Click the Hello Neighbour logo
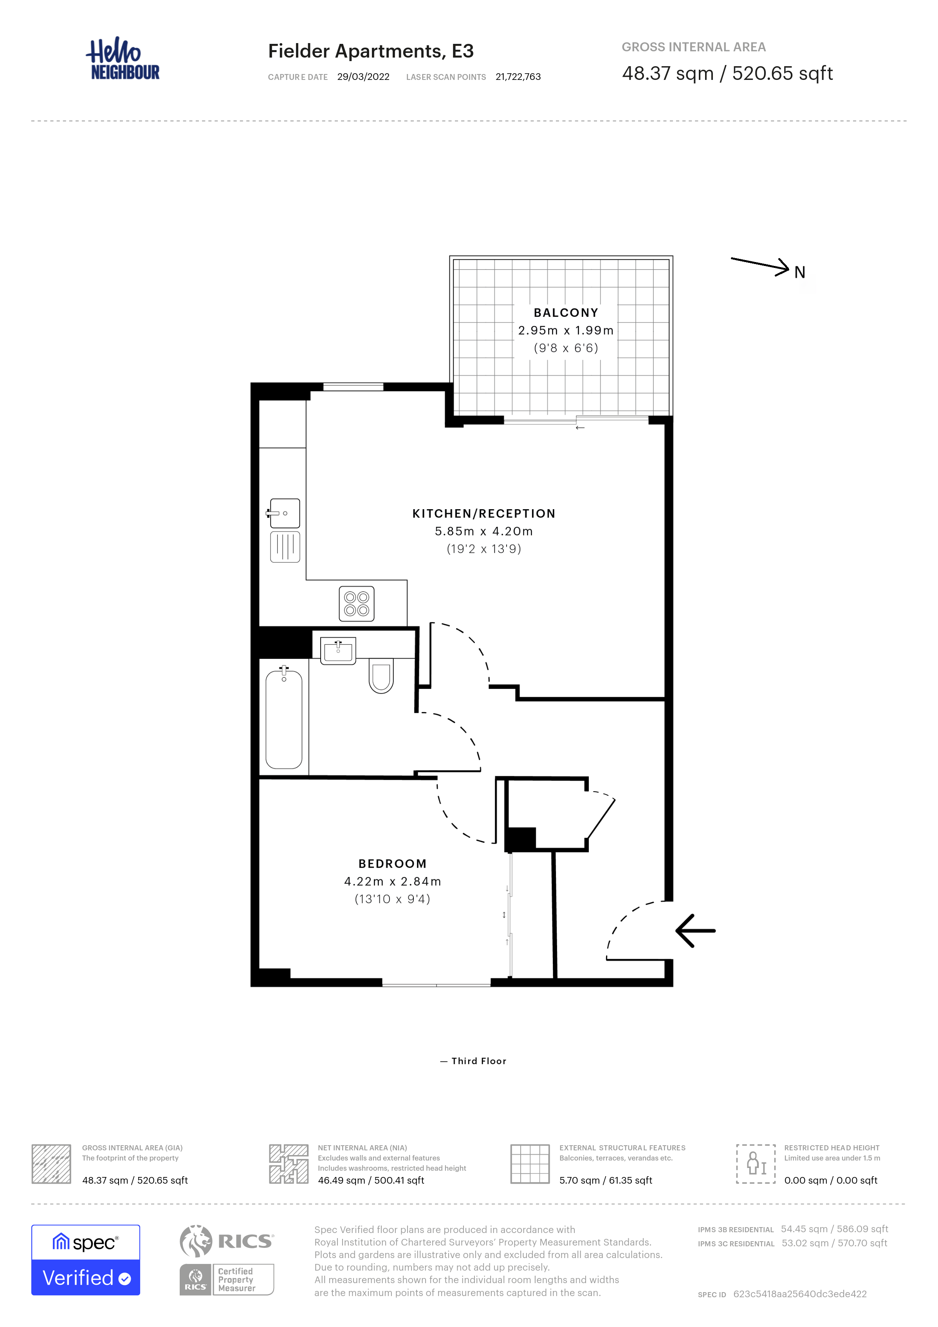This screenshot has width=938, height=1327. pos(123,58)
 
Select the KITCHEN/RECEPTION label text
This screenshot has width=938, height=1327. pos(484,513)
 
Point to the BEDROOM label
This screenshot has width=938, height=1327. pos(392,864)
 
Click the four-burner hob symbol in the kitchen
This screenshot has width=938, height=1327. pos(356,604)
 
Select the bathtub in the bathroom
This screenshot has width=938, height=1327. pos(283,718)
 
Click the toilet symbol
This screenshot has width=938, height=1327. pos(381,676)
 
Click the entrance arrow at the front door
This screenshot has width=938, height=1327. pos(695,931)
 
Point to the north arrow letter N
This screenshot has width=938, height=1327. pos(799,272)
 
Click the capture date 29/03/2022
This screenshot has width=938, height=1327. pos(363,77)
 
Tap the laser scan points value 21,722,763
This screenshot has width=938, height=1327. pos(518,77)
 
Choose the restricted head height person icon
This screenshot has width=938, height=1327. pos(756,1163)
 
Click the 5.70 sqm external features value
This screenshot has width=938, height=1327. pos(606,1180)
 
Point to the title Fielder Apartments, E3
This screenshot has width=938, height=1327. pos(371,51)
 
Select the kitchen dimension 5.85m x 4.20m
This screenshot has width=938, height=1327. pos(484,531)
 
